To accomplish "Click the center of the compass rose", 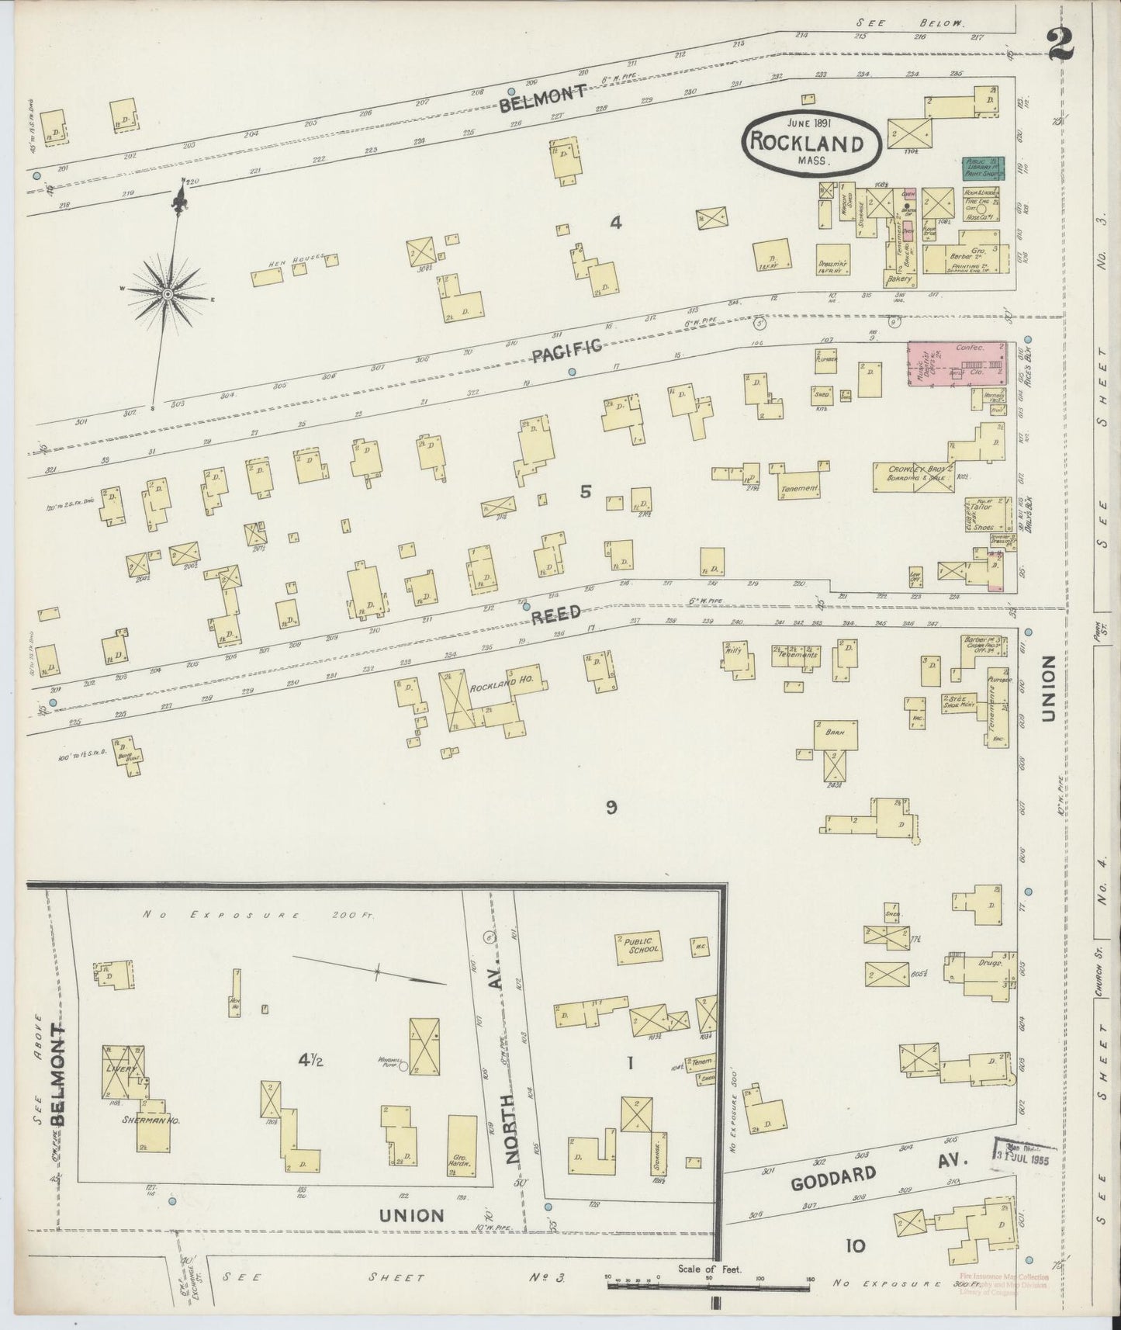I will (167, 293).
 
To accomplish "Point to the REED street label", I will (556, 614).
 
